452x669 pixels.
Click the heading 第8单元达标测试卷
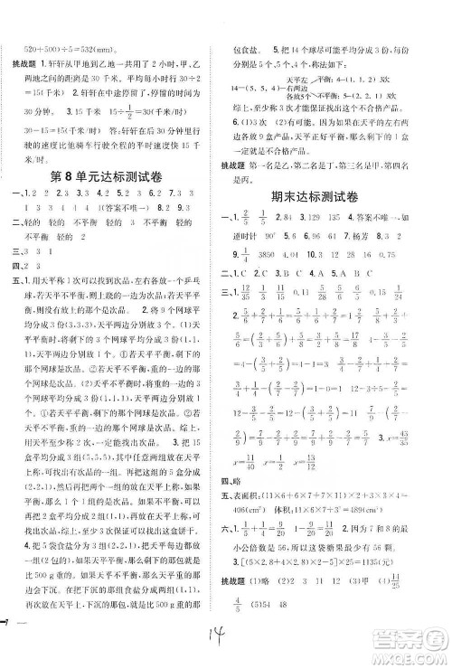[113, 174]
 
